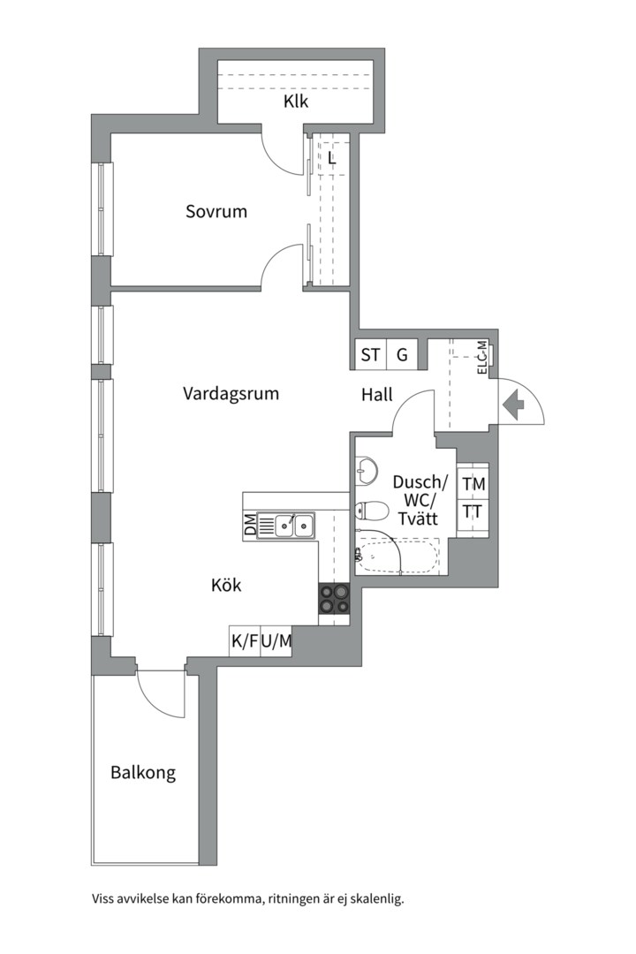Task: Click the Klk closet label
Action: pyautogui.click(x=296, y=101)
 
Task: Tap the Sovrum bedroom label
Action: pyautogui.click(x=216, y=212)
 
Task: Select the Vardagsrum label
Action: pyautogui.click(x=231, y=394)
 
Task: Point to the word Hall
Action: pyautogui.click(x=376, y=395)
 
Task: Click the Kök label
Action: pyautogui.click(x=226, y=586)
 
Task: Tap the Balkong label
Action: pyautogui.click(x=143, y=773)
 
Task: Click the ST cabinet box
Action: pyautogui.click(x=371, y=354)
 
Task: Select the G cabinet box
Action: pyautogui.click(x=402, y=354)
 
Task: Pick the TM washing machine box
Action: pyautogui.click(x=473, y=484)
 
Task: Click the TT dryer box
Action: pyautogui.click(x=473, y=513)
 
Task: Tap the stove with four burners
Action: pyautogui.click(x=334, y=599)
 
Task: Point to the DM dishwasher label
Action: pyautogui.click(x=250, y=526)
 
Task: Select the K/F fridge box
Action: pyautogui.click(x=245, y=641)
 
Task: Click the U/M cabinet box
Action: pyautogui.click(x=276, y=641)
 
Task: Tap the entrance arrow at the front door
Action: pyautogui.click(x=515, y=403)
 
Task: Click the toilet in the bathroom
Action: pyautogui.click(x=371, y=510)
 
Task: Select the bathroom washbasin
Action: pyautogui.click(x=366, y=471)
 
